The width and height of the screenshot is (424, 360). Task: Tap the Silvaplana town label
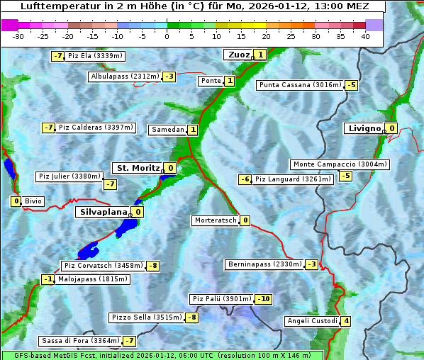[103, 212]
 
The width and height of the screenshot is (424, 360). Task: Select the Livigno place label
[364, 128]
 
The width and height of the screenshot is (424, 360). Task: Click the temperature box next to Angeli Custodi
[346, 321]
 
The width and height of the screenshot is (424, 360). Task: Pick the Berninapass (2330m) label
[264, 264]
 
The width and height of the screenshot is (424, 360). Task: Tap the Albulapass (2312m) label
[125, 77]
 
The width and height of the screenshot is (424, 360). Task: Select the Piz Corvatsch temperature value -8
[153, 266]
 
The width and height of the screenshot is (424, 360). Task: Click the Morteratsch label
[215, 220]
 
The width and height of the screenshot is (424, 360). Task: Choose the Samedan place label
[168, 130]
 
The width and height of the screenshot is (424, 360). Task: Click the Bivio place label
[33, 201]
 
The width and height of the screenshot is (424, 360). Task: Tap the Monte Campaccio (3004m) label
[340, 164]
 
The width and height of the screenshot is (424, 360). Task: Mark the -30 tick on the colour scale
[18, 36]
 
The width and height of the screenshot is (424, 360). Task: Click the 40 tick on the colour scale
[365, 36]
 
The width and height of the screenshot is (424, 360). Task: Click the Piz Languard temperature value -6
[245, 179]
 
